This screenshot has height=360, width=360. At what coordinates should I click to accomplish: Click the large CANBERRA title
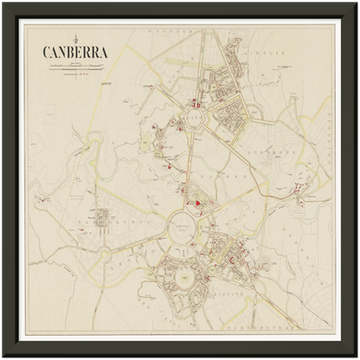pos(74,51)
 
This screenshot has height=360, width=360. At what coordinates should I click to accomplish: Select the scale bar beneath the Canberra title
pos(74,64)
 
